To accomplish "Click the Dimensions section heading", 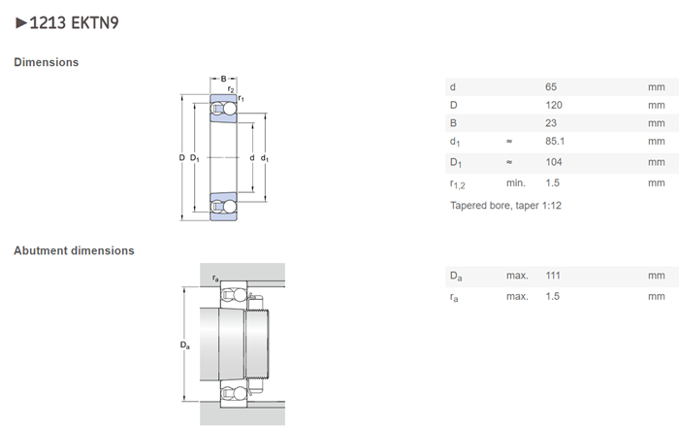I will [x=46, y=62].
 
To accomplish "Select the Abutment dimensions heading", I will [x=74, y=250].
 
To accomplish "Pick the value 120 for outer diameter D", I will [x=554, y=105].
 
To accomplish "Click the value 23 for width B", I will [x=551, y=123].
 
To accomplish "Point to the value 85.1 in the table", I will [x=556, y=143].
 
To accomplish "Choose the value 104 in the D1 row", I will [x=554, y=162].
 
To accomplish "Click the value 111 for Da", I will [x=553, y=277].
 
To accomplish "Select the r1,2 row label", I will [x=459, y=183].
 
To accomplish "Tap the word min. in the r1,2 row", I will [x=516, y=182].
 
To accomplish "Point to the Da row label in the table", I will [x=455, y=278].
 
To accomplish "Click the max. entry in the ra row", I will [x=517, y=296].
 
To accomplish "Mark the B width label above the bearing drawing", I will [x=223, y=79].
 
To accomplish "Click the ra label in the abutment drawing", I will [x=214, y=279].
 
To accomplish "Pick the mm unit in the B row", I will [x=657, y=123].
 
